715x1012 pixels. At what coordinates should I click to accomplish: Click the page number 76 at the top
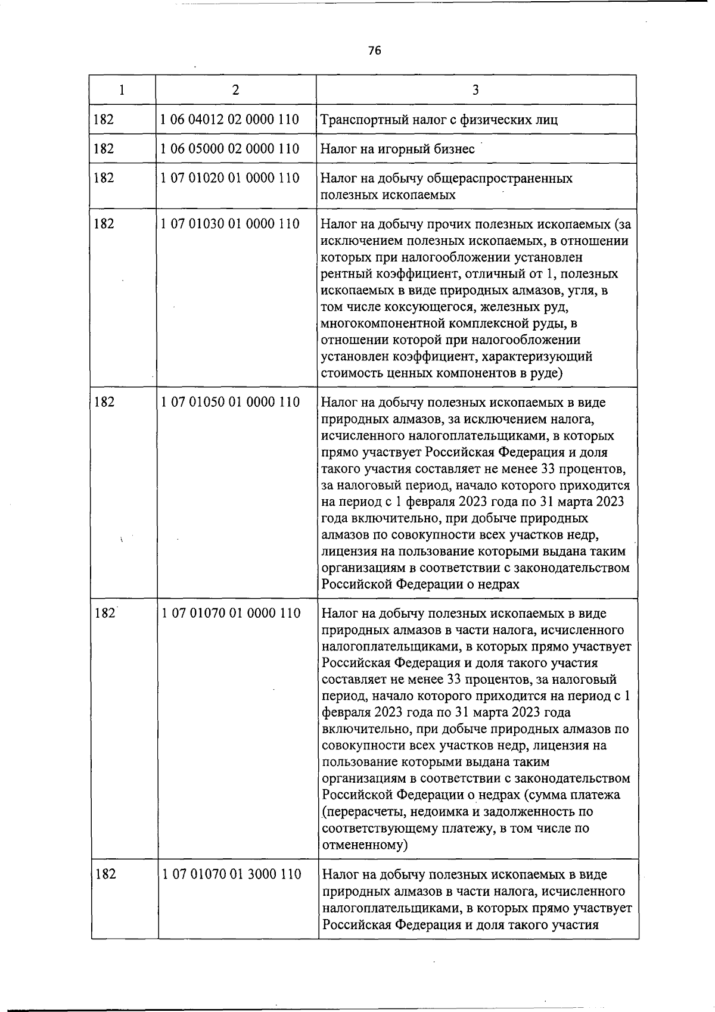point(374,51)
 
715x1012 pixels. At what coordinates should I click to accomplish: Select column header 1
point(122,90)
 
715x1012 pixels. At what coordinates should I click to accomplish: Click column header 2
point(236,90)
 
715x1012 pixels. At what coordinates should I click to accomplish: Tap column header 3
point(475,90)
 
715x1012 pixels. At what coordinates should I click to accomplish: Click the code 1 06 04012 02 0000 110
point(230,119)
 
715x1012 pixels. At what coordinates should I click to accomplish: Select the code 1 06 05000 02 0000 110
point(230,148)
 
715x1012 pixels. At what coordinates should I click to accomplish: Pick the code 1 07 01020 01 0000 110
point(230,178)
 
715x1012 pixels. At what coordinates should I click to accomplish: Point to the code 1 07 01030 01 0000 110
point(230,224)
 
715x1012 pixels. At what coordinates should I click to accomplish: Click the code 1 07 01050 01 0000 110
point(230,402)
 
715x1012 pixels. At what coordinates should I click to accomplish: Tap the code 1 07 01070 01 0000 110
point(231,613)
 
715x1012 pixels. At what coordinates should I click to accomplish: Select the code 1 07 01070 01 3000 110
point(231,874)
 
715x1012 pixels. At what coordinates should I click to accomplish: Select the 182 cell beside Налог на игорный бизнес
point(104,148)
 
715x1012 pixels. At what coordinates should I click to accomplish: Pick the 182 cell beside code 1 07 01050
point(104,402)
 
